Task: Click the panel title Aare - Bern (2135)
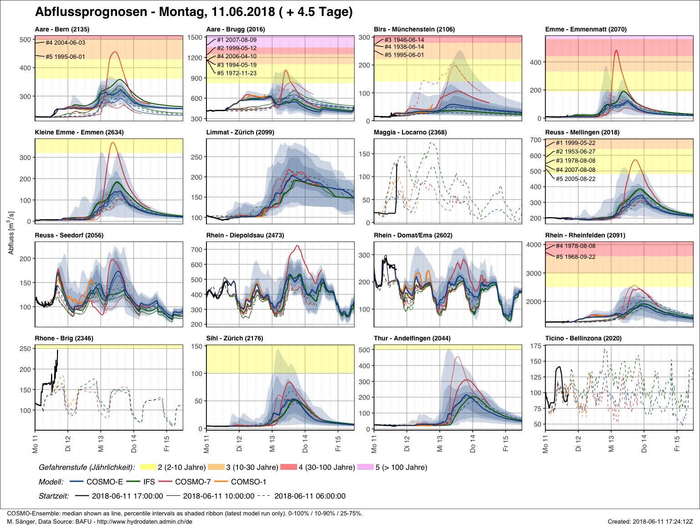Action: click(x=62, y=29)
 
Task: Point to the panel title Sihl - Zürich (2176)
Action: click(x=235, y=338)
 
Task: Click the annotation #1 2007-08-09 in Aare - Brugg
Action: click(x=237, y=40)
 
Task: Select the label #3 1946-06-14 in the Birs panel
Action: click(x=404, y=40)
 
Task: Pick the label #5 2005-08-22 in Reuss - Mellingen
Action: click(x=576, y=179)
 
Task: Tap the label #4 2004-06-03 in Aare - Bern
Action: click(x=65, y=43)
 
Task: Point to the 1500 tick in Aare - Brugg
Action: click(x=195, y=37)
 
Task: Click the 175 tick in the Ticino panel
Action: click(x=536, y=346)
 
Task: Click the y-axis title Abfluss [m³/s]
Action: click(x=11, y=232)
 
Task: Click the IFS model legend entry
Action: click(x=149, y=482)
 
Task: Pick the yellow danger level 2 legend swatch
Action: click(x=148, y=467)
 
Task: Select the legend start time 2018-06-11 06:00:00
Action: click(x=310, y=496)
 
